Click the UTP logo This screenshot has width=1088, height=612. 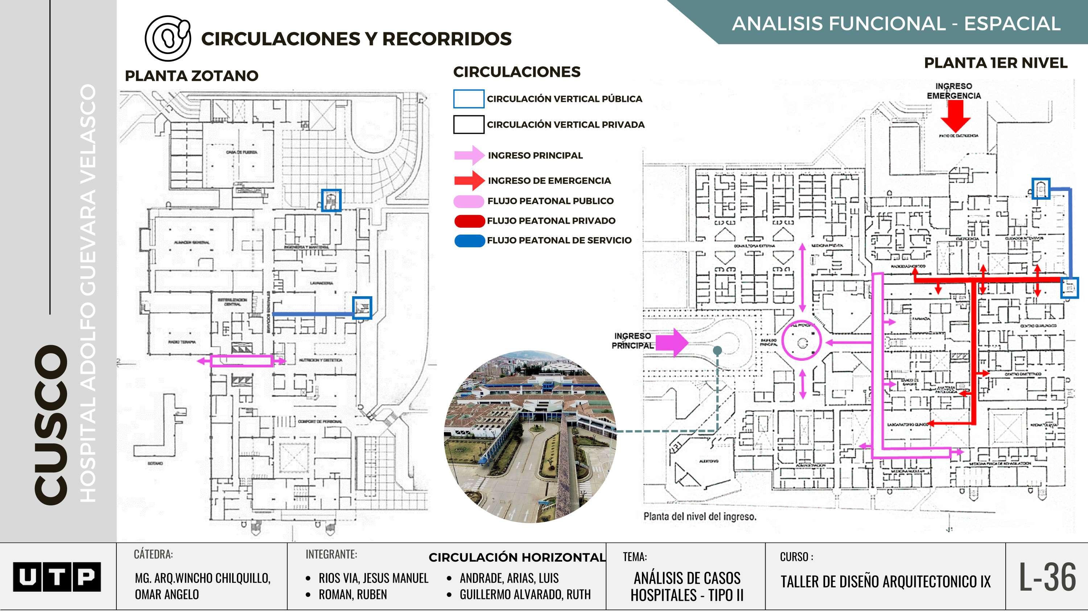[57, 576]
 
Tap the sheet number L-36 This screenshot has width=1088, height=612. [1047, 577]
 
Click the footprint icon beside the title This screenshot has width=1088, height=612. [168, 38]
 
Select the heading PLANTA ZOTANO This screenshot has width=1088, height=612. [191, 76]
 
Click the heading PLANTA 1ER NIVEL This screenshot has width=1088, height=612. [996, 63]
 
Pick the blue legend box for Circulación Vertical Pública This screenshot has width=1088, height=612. [469, 99]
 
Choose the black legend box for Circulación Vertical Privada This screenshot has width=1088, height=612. [469, 125]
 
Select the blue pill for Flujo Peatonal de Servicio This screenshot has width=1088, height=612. [469, 240]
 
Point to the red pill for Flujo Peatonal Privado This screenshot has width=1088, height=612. [469, 220]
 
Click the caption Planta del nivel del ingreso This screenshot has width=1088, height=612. [700, 516]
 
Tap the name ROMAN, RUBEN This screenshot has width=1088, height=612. [352, 594]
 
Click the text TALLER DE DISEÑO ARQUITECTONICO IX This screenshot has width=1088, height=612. [885, 582]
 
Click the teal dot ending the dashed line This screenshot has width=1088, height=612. [717, 350]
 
